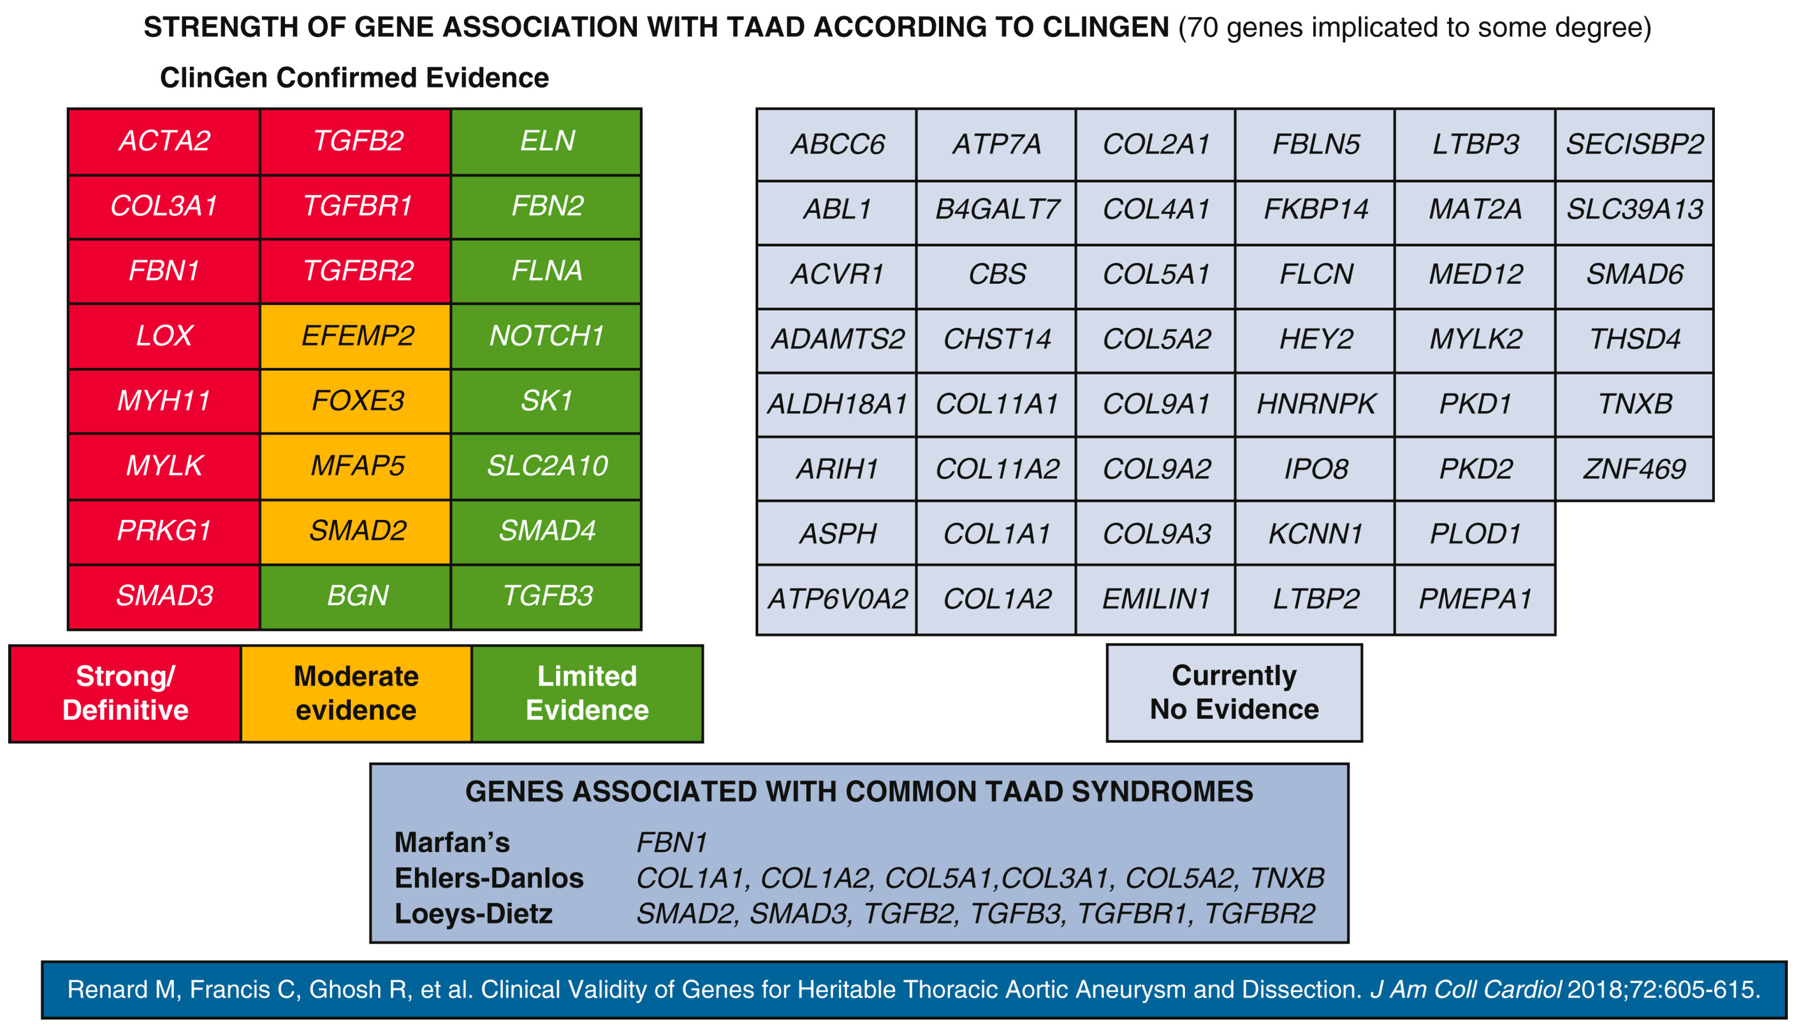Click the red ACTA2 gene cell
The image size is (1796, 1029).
[x=164, y=141]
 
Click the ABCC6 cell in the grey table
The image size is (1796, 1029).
[x=837, y=144]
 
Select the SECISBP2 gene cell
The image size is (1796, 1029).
[x=1634, y=144]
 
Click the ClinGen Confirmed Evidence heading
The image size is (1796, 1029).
[x=354, y=78]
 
